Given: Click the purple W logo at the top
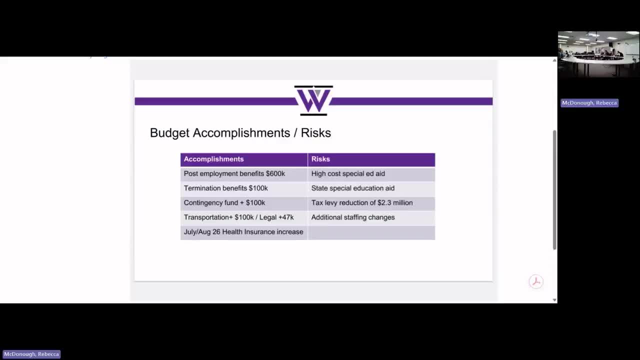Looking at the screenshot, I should click(x=313, y=100).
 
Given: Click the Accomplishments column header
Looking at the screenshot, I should click(x=213, y=159).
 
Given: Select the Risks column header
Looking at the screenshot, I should click(x=320, y=159).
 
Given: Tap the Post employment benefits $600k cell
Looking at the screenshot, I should click(x=234, y=173).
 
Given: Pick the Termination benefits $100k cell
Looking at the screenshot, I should click(x=225, y=188).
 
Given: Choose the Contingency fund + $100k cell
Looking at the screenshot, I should click(x=224, y=202).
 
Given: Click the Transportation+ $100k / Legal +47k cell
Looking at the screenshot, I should click(x=238, y=217).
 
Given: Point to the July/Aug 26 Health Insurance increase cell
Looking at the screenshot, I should click(x=243, y=231).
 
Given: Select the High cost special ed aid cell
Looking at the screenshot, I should click(x=348, y=173).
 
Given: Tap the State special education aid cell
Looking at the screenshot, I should click(x=352, y=188).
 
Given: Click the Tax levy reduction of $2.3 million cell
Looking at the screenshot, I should click(x=361, y=202).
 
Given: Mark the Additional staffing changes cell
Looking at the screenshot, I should click(x=352, y=217).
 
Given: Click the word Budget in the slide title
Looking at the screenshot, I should click(x=169, y=133).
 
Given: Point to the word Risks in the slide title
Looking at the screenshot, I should click(x=315, y=133).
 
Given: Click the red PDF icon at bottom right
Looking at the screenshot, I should click(x=536, y=281).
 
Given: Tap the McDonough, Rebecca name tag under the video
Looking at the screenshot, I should click(x=589, y=103).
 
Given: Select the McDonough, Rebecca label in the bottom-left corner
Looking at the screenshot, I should click(x=31, y=354).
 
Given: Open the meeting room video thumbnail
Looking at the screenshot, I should click(x=598, y=54).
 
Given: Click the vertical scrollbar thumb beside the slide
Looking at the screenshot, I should click(x=554, y=190).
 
